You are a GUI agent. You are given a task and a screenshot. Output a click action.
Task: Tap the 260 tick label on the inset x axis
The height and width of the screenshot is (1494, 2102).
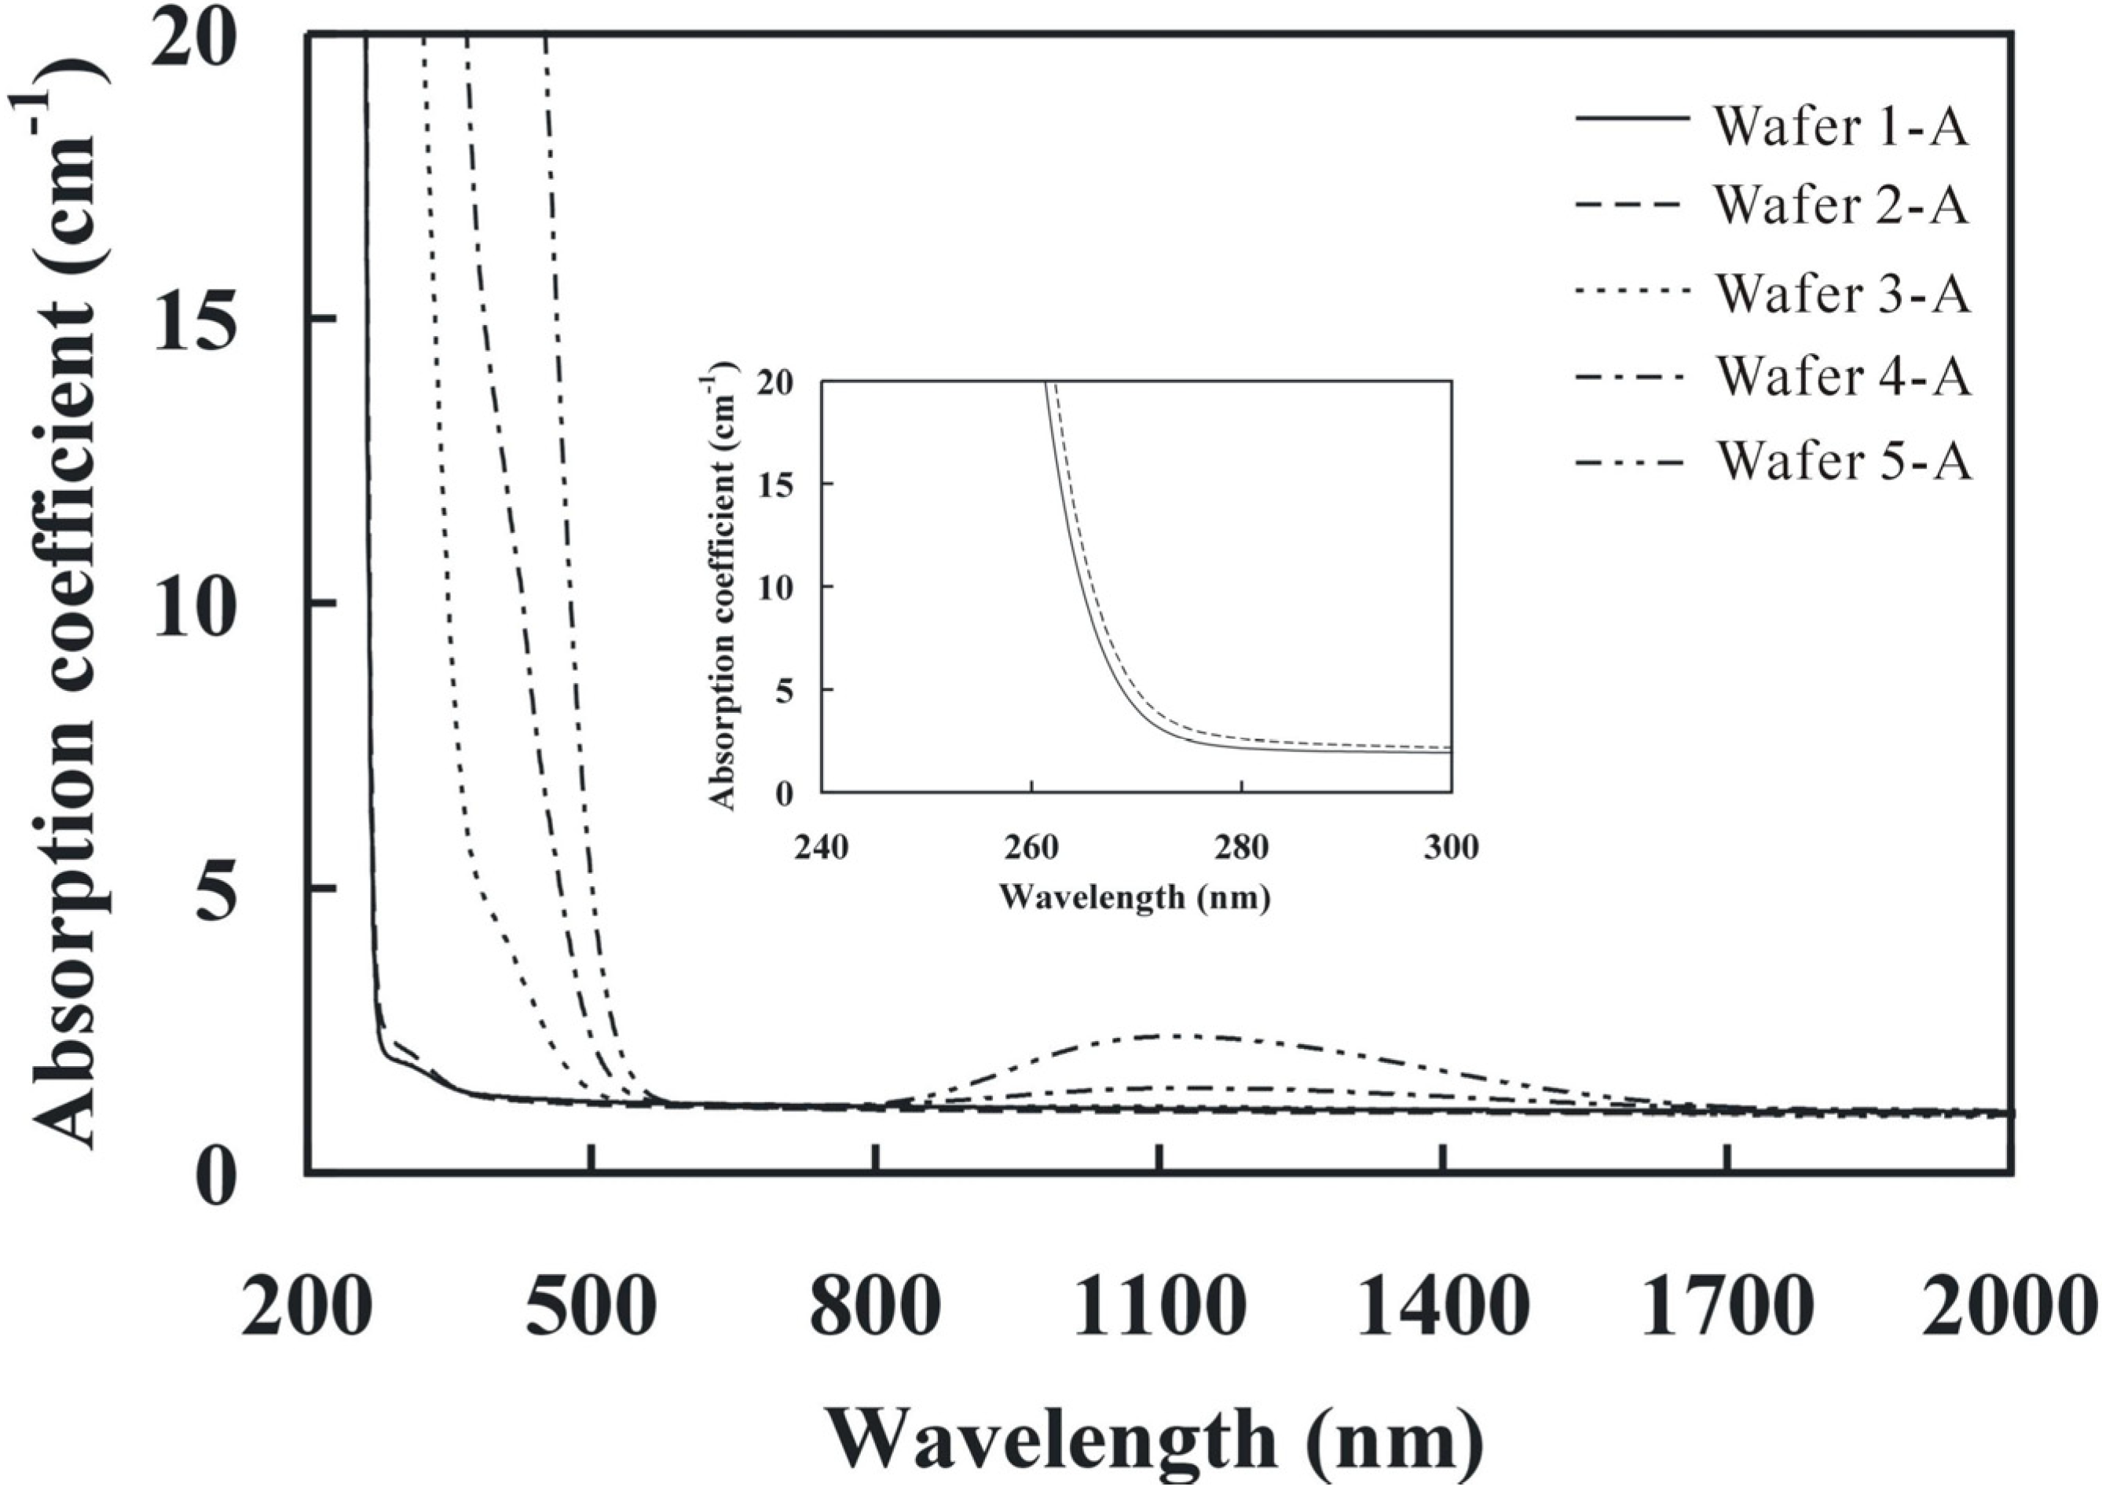click(x=1031, y=846)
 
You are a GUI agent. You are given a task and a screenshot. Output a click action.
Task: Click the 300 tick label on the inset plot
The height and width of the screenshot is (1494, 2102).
click(x=1450, y=846)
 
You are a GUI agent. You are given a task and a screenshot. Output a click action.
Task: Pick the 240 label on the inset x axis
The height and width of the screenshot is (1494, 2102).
click(x=821, y=846)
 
